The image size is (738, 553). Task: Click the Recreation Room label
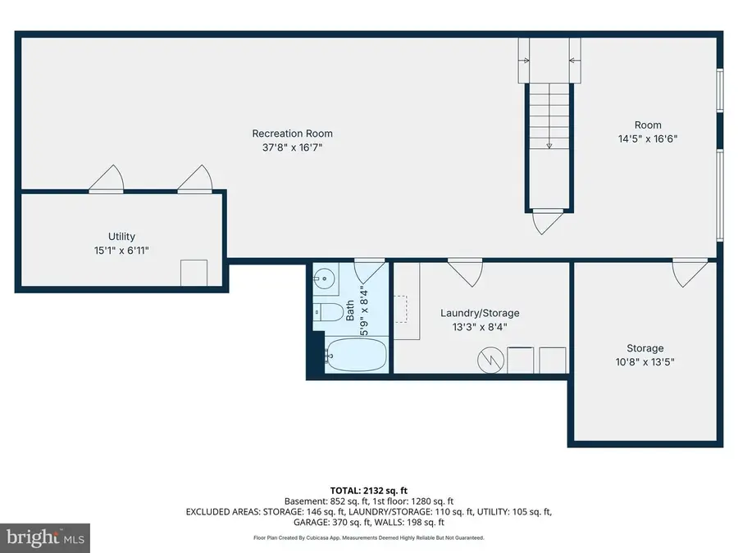pos(292,134)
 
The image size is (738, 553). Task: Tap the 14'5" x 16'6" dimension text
pos(648,138)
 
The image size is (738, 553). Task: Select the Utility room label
pos(121,237)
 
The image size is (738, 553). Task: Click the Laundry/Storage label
pos(480,313)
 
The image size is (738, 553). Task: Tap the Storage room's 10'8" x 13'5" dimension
pos(645,361)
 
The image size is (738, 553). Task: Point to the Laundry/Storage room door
pos(465,273)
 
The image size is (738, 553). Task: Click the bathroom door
pos(370,271)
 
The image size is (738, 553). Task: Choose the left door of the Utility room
pos(107,179)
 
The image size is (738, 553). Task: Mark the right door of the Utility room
pos(196,179)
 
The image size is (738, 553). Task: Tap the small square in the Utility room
pos(194,272)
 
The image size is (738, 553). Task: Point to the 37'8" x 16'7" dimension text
pos(292,147)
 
